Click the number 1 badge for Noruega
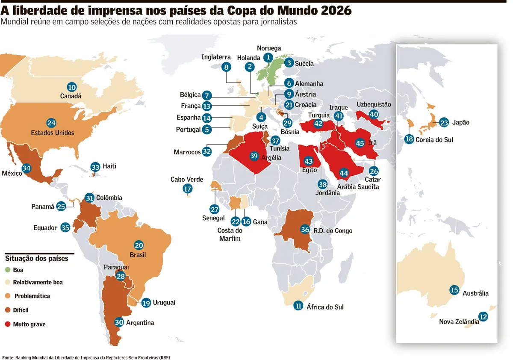point(268,57)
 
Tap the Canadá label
point(71,96)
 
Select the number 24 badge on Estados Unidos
point(51,123)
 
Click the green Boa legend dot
point(8,270)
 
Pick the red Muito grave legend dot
point(8,324)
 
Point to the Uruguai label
point(164,303)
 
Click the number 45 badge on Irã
point(360,143)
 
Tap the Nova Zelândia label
point(459,322)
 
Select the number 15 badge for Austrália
point(454,290)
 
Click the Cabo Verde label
point(187,179)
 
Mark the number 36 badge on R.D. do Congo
point(305,230)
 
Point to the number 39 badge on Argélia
point(254,156)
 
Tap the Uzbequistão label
point(374,104)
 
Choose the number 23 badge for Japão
point(444,123)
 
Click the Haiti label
point(109,166)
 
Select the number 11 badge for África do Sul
point(298,306)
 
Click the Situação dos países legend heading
point(37,258)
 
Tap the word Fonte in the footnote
point(8,357)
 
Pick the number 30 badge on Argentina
point(119,322)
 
